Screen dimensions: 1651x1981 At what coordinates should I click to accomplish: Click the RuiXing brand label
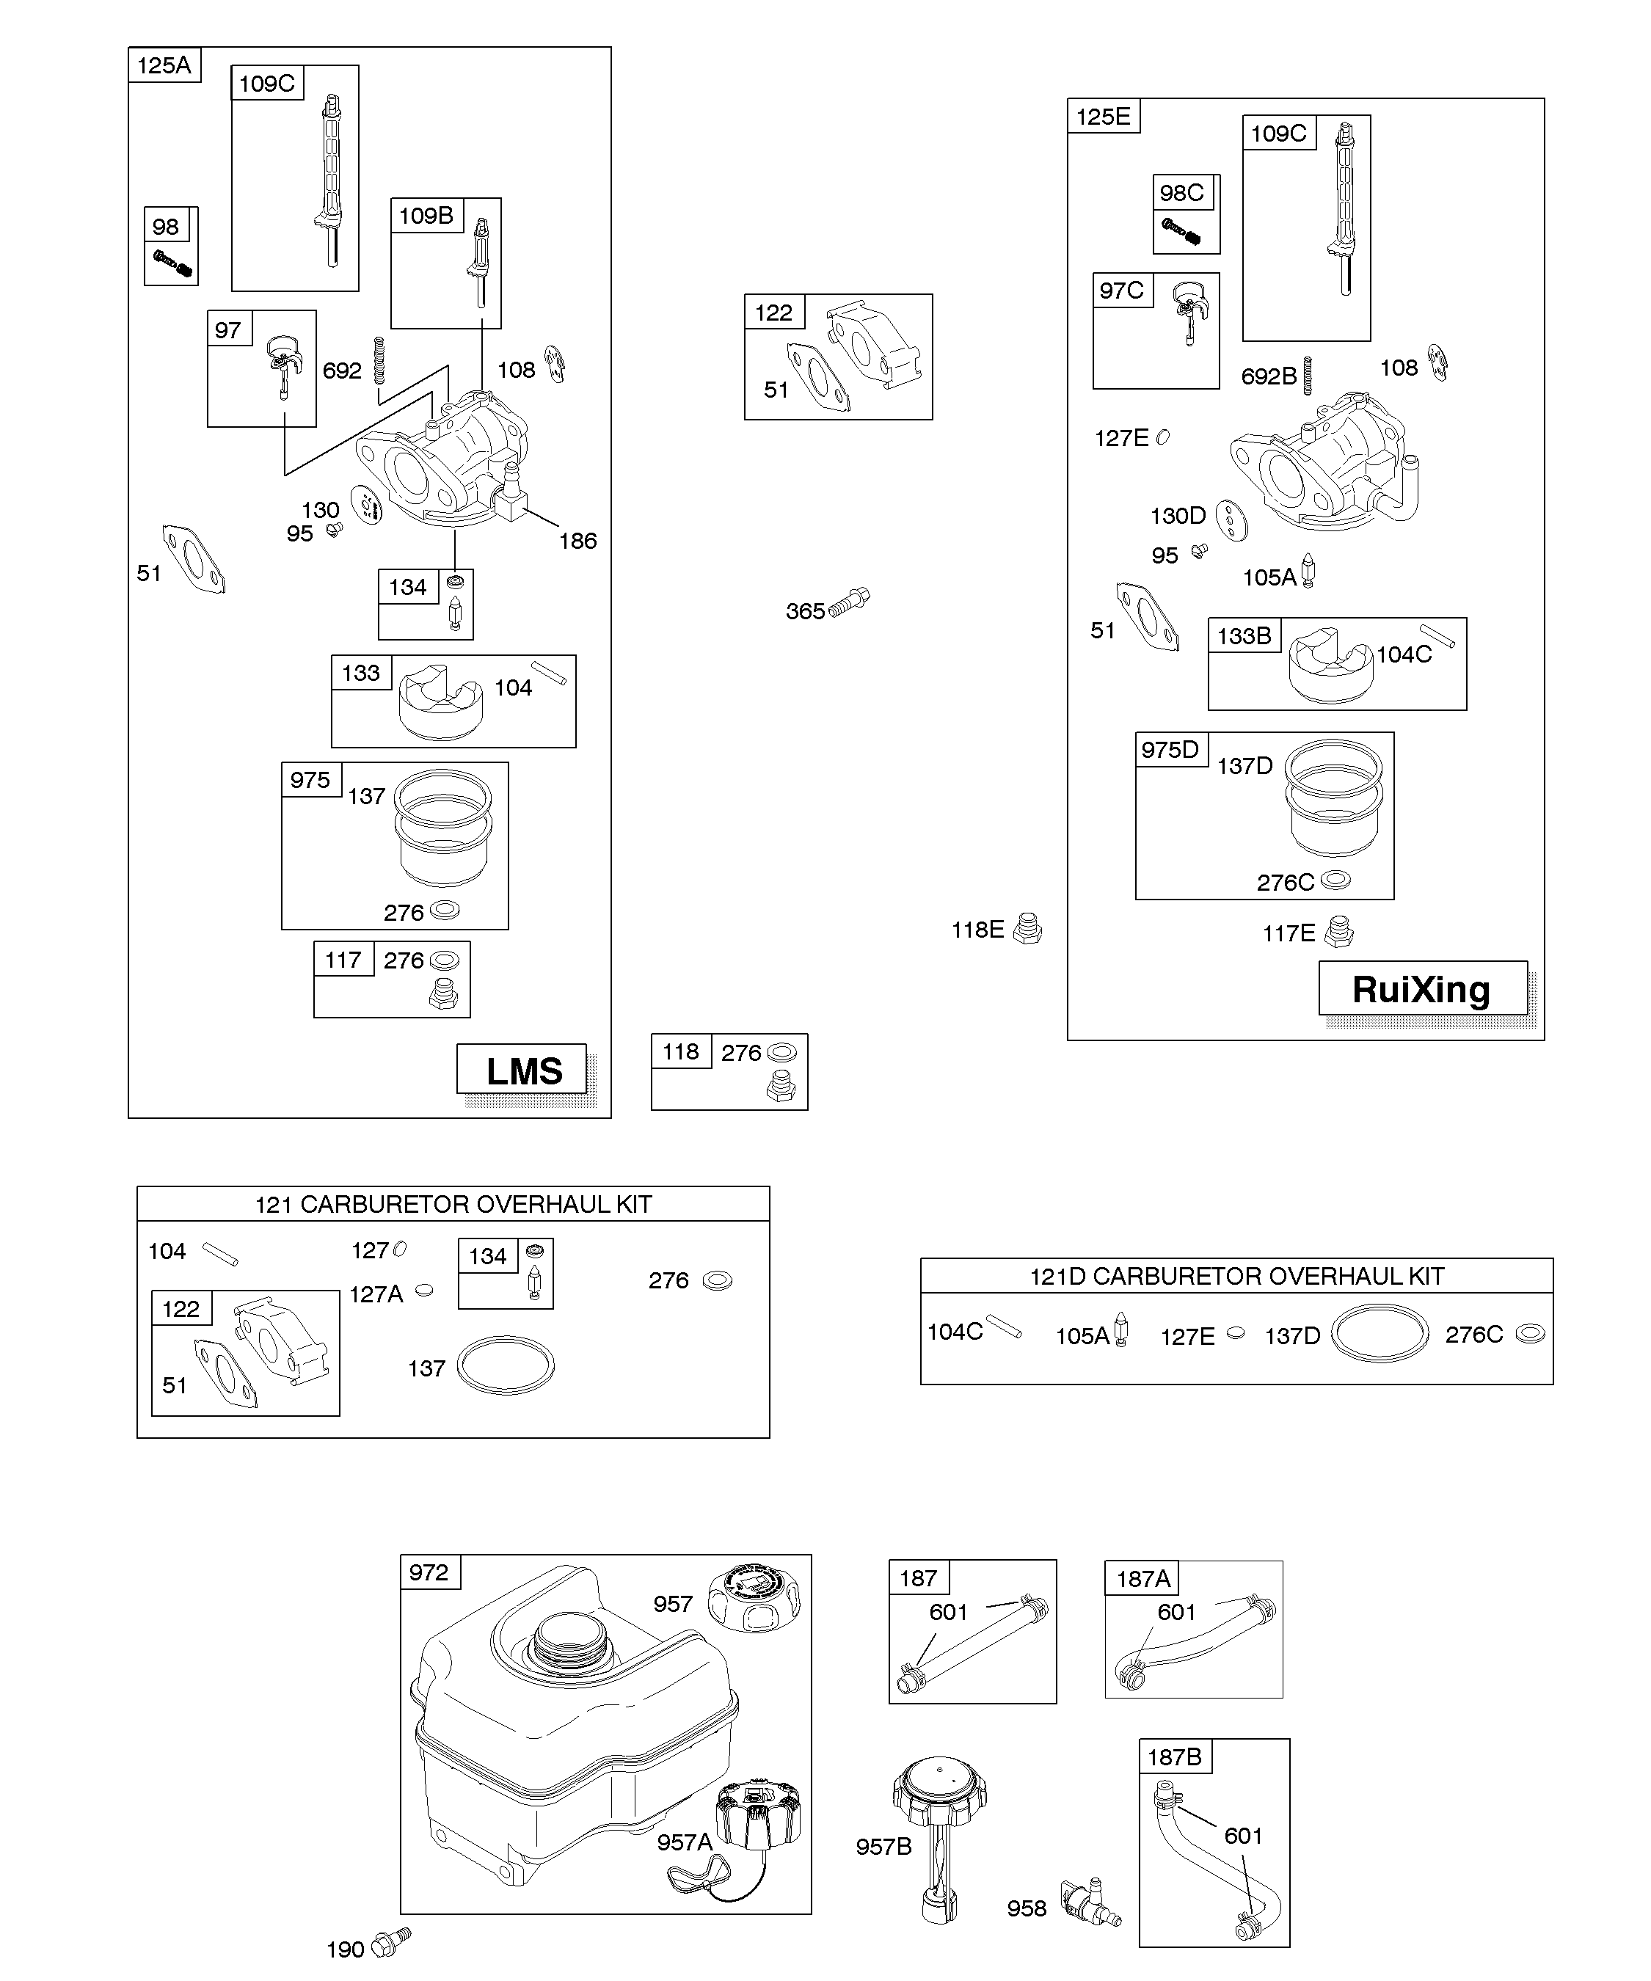pyautogui.click(x=1422, y=988)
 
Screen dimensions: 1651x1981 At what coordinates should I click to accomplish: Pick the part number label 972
pyautogui.click(x=429, y=1572)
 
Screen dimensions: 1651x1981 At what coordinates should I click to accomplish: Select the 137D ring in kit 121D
pyautogui.click(x=1380, y=1334)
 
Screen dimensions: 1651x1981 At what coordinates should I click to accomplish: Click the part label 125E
pyautogui.click(x=1103, y=116)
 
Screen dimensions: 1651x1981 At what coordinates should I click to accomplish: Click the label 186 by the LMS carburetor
pyautogui.click(x=577, y=541)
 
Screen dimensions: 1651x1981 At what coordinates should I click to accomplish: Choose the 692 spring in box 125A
pyautogui.click(x=380, y=360)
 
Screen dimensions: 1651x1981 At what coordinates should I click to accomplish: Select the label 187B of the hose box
pyautogui.click(x=1175, y=1756)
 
